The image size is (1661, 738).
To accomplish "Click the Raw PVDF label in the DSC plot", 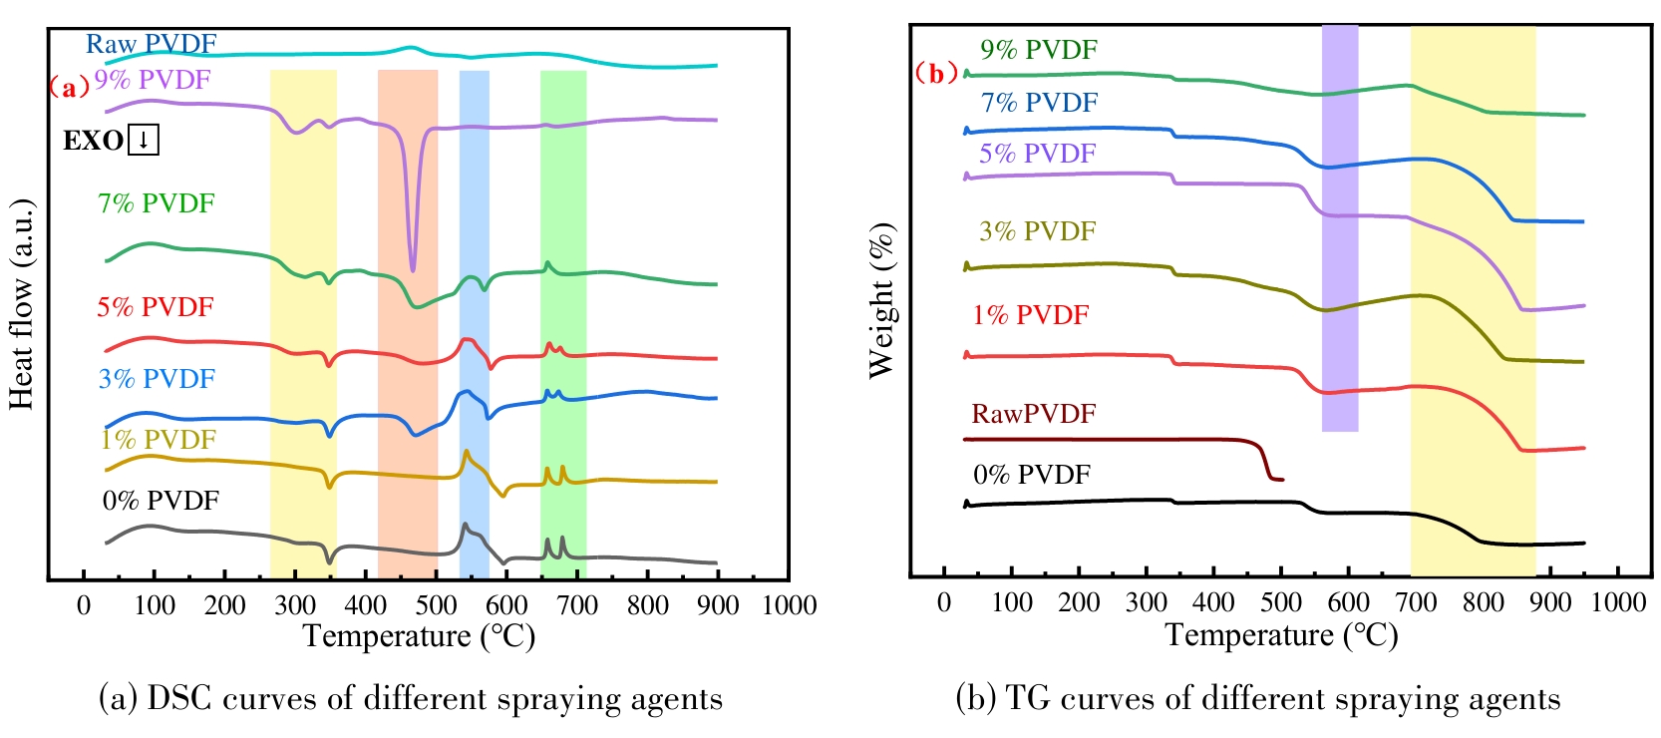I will (151, 44).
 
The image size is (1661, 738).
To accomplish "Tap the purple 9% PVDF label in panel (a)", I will (153, 80).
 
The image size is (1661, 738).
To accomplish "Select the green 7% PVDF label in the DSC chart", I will (156, 203).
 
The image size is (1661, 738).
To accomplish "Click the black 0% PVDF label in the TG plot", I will (1032, 475).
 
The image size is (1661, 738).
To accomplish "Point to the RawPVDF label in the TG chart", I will (1033, 414).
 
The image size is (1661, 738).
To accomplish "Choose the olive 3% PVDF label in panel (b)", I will (1037, 231).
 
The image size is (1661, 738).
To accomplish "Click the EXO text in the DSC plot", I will (93, 141).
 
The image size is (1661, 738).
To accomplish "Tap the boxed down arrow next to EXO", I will (144, 140).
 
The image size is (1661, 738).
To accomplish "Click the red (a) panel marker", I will (69, 88).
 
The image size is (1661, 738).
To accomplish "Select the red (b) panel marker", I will (936, 74).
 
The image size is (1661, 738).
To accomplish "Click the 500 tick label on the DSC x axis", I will (436, 605).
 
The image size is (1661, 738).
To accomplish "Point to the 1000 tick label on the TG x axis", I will (1618, 602).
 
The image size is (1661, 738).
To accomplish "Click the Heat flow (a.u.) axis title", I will (22, 304).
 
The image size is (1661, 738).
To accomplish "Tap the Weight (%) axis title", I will (882, 300).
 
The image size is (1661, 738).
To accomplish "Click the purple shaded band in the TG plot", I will (1340, 229).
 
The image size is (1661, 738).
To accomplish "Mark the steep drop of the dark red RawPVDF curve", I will (1266, 462).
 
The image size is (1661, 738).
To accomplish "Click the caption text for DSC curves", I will (411, 699).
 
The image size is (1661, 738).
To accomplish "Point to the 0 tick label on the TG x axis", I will (944, 602).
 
